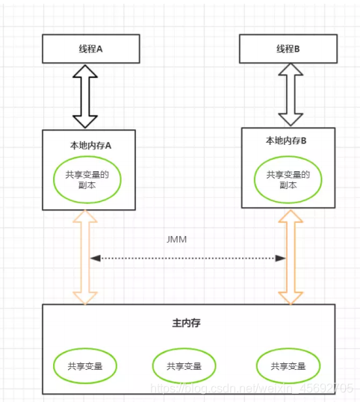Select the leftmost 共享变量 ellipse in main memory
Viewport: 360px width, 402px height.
(85, 366)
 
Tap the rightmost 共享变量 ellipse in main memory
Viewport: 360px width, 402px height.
(287, 366)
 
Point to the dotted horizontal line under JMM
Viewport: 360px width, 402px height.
(187, 258)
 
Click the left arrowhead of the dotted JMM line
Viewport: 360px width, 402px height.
(96, 258)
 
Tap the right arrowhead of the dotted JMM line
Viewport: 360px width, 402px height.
(281, 258)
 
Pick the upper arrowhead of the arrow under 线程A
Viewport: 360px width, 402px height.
(86, 70)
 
